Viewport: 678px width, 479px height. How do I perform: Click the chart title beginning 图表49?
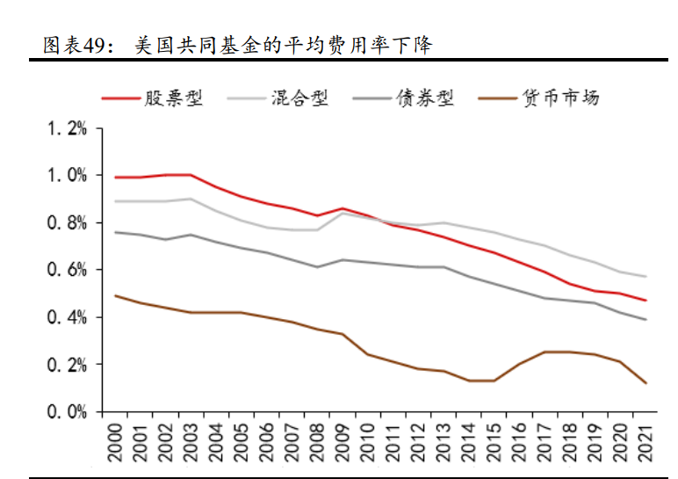click(x=237, y=45)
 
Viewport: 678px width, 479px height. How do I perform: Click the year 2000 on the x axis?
click(x=115, y=441)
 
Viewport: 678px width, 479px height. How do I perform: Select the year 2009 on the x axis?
click(x=343, y=441)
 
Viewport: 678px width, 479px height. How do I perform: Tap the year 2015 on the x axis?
click(x=494, y=441)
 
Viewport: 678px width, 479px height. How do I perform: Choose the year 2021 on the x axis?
click(x=646, y=441)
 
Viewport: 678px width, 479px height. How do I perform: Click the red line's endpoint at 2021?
click(x=646, y=301)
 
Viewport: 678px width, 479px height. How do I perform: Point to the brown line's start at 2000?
click(x=115, y=295)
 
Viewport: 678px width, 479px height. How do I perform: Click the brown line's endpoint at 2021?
click(x=646, y=383)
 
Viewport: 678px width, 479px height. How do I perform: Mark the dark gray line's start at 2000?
click(x=115, y=232)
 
